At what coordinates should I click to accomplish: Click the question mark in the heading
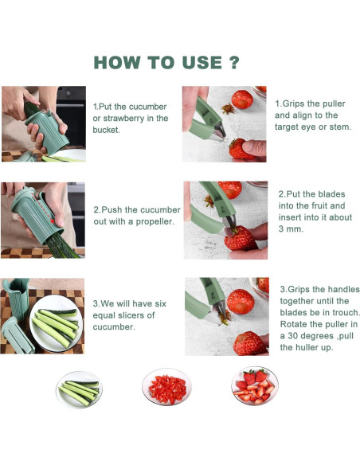tap(234, 62)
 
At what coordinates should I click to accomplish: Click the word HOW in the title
tap(116, 63)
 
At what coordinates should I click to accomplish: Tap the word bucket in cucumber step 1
tap(106, 130)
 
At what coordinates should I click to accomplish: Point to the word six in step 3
tap(160, 303)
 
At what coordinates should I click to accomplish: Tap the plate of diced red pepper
tap(166, 387)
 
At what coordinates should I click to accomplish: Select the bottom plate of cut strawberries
tap(255, 386)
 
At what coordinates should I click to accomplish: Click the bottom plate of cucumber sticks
tap(79, 389)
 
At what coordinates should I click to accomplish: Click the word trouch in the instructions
tap(346, 313)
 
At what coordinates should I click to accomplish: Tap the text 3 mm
tap(291, 229)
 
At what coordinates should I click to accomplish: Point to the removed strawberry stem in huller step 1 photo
tap(228, 108)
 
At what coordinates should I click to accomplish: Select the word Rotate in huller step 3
tap(293, 324)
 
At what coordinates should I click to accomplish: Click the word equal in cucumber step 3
tap(103, 315)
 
